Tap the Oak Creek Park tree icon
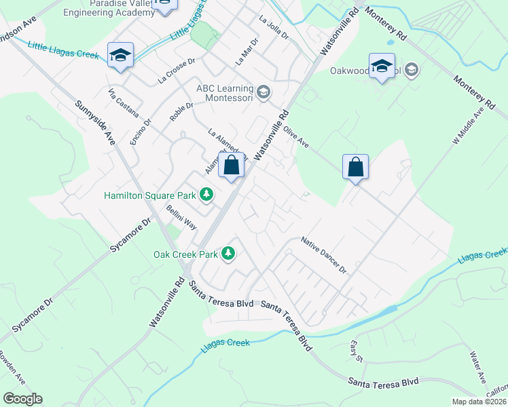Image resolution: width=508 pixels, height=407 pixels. coord(229,254)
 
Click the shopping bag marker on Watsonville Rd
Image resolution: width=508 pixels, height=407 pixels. coord(232,166)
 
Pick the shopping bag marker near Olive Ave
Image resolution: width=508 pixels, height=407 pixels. coord(356,167)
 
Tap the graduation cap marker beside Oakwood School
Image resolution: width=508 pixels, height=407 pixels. coord(382,66)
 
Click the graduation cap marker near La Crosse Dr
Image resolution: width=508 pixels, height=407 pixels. coord(120,56)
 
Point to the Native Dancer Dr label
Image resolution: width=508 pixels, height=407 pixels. coord(324,256)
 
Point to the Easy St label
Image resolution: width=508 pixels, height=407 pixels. coord(357,351)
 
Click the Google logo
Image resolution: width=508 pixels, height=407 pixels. coord(22,399)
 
